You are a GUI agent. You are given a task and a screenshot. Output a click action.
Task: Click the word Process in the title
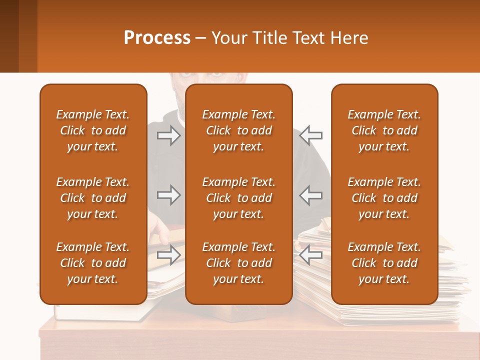click(157, 38)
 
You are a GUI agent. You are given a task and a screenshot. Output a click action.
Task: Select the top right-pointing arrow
click(169, 135)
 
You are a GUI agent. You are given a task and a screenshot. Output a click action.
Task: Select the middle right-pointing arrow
click(169, 195)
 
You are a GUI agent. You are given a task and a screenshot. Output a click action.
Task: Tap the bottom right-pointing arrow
click(169, 255)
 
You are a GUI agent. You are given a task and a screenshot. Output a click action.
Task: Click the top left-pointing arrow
click(311, 135)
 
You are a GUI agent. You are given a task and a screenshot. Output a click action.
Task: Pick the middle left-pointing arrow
click(311, 195)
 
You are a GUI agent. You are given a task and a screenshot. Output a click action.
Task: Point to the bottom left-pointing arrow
click(311, 255)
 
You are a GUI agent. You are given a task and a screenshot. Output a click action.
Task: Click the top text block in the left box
click(93, 130)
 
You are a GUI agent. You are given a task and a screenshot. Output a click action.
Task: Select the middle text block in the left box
click(93, 198)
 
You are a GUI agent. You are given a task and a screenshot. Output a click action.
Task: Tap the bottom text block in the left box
click(93, 263)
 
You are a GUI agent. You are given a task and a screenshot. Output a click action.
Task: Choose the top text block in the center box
click(238, 130)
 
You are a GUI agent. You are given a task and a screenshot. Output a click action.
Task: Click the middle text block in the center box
click(238, 198)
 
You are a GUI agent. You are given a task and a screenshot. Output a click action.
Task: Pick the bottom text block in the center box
click(238, 263)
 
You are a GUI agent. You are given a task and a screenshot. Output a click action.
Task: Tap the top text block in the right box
click(384, 130)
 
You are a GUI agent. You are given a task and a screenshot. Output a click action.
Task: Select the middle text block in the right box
click(384, 198)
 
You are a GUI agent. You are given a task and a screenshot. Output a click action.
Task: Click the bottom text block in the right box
click(384, 263)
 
